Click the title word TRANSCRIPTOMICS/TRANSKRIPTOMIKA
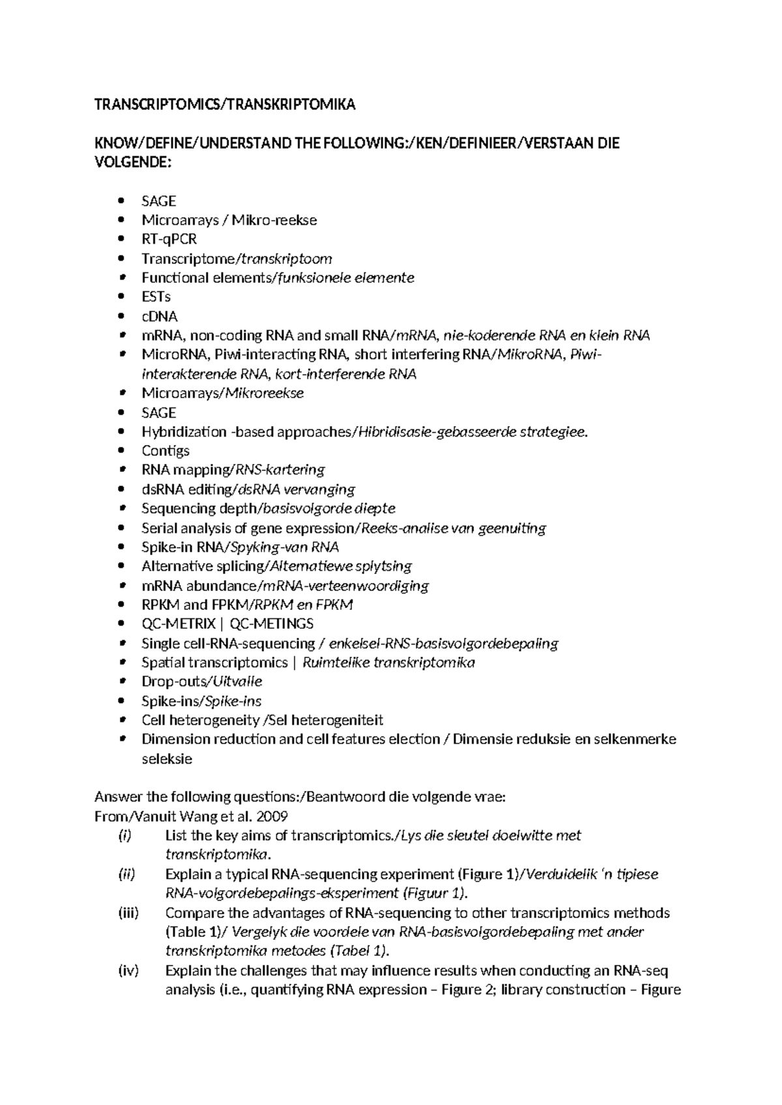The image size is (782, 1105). [225, 105]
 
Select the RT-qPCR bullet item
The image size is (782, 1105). [169, 239]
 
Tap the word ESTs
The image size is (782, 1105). [156, 297]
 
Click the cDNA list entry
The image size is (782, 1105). [159, 317]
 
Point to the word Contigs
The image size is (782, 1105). [166, 451]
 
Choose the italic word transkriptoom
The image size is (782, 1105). [287, 259]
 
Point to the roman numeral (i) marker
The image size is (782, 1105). [124, 836]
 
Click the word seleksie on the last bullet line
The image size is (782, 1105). [167, 759]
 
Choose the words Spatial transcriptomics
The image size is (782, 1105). [214, 663]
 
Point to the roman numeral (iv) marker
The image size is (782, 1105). [128, 971]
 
